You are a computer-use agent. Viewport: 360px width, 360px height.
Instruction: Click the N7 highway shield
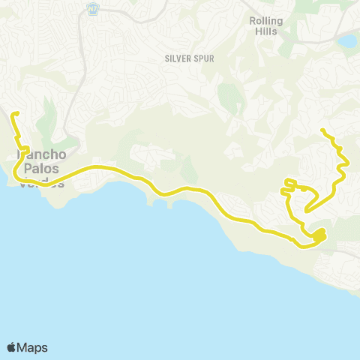click(x=93, y=10)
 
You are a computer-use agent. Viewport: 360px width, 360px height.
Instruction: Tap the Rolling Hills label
click(x=265, y=26)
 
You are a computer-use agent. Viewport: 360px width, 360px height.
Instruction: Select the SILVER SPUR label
click(x=184, y=57)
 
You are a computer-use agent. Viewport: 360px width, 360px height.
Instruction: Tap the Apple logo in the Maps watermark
click(x=11, y=347)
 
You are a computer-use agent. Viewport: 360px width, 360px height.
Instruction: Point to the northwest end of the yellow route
click(x=13, y=114)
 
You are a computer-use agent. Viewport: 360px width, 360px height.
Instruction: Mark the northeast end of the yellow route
click(x=322, y=130)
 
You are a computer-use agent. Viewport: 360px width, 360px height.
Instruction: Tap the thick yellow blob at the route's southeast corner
click(x=319, y=236)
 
